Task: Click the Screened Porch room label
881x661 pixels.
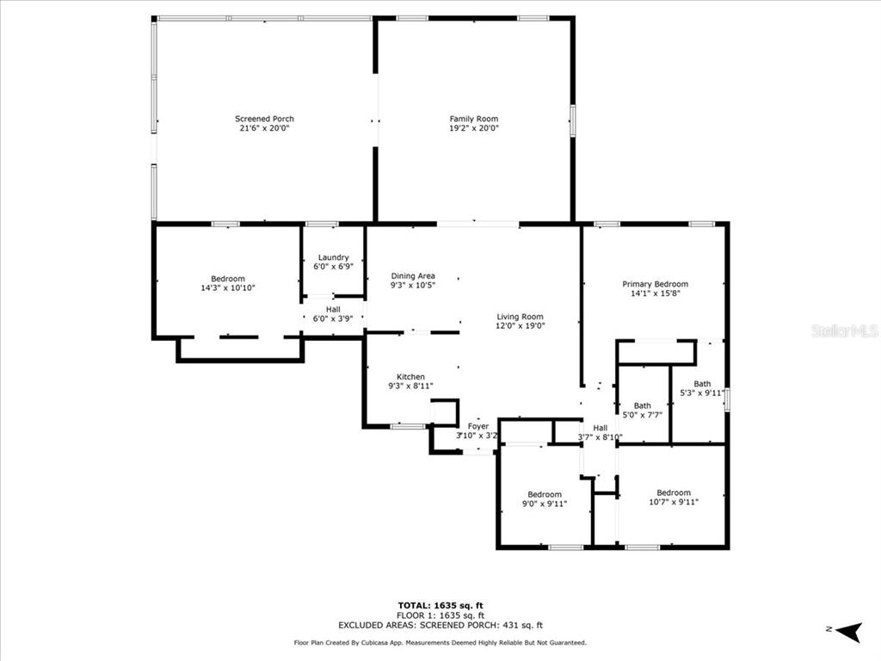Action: coord(264,119)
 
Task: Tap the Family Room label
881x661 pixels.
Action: coord(474,119)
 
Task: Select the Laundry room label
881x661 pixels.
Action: coord(333,257)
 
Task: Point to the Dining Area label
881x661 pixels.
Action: coord(413,276)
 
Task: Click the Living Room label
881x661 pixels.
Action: coord(520,317)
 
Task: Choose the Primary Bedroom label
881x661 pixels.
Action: coord(655,284)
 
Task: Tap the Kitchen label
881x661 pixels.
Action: coord(410,377)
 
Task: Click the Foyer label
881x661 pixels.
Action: coord(478,426)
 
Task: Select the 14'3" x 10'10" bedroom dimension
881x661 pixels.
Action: coord(228,287)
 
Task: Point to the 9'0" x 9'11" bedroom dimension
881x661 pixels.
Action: coord(545,503)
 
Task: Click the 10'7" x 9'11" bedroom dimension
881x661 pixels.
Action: coord(674,502)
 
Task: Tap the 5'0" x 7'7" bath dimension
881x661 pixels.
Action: coord(642,415)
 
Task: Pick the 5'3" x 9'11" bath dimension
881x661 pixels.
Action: coord(702,392)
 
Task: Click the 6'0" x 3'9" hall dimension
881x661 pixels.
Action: coord(333,318)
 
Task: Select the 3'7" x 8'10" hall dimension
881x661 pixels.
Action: coord(600,436)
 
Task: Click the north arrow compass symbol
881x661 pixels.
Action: coord(848,631)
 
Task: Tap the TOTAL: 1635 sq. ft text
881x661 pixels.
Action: coord(440,605)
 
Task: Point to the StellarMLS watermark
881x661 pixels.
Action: coord(845,330)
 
